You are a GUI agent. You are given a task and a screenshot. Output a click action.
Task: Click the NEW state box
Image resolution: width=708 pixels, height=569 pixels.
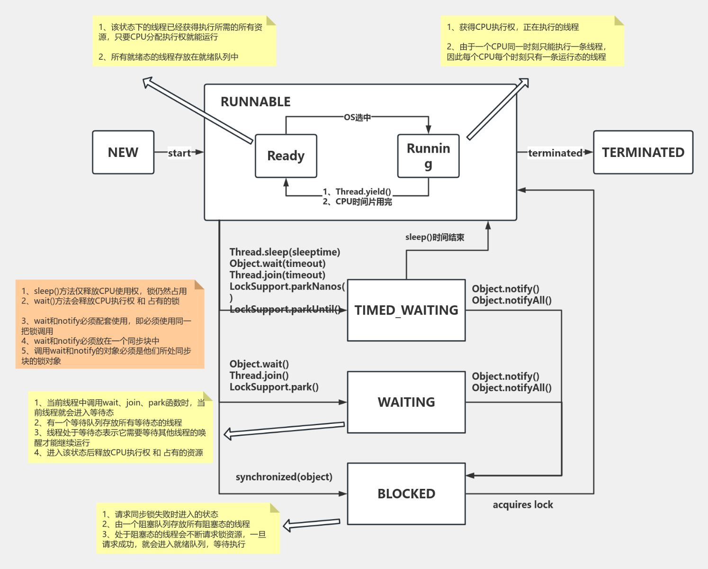(x=123, y=152)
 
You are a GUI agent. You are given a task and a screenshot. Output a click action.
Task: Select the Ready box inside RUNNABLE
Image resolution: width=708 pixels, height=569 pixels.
(x=286, y=156)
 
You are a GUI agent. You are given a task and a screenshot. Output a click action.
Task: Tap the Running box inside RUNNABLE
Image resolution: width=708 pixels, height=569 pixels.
(x=428, y=156)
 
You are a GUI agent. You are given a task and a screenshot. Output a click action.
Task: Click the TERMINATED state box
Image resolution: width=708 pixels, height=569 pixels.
(x=643, y=152)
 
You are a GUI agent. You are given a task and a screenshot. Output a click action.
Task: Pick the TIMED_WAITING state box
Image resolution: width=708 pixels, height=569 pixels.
(x=406, y=310)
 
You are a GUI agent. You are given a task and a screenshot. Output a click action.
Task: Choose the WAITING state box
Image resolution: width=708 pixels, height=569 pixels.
(x=406, y=402)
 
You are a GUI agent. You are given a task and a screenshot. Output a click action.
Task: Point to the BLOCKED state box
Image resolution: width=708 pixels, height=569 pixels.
(x=406, y=494)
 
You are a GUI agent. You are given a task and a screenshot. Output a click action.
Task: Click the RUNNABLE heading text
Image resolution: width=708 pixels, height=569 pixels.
(x=256, y=102)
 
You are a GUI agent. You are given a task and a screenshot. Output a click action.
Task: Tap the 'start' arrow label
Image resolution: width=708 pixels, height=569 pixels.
(x=179, y=153)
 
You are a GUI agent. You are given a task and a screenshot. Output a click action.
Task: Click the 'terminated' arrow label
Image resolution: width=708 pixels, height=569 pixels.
(x=555, y=153)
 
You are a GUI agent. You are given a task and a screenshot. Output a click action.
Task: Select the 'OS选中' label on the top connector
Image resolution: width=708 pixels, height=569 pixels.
(x=357, y=117)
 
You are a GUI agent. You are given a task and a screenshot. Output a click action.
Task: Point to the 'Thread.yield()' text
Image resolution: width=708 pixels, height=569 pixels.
(x=363, y=192)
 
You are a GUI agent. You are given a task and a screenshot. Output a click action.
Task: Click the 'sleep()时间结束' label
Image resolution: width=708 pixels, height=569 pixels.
(x=435, y=237)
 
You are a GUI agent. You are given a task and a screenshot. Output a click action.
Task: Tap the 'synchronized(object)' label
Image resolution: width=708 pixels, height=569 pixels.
(x=284, y=477)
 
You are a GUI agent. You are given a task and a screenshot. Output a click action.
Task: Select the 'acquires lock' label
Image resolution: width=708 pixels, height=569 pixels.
(x=523, y=505)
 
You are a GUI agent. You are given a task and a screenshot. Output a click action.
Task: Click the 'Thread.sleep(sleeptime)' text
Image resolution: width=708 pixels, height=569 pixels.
(x=285, y=252)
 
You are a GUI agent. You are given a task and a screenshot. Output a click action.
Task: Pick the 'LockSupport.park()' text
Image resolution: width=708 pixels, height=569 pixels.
(x=274, y=387)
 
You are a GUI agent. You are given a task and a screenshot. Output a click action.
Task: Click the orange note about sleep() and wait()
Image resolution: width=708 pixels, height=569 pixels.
(x=110, y=324)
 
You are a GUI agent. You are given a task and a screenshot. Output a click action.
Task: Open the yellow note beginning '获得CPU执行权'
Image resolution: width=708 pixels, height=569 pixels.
(x=532, y=41)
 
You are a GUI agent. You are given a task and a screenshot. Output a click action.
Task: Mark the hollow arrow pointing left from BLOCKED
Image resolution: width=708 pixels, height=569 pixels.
(x=312, y=524)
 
